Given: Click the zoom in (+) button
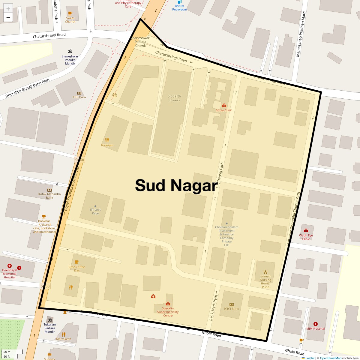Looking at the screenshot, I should click(x=8, y=8).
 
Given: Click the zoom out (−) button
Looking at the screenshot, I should click(x=8, y=18).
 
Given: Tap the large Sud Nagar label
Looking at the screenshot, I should click(x=176, y=185).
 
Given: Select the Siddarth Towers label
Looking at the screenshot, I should click(x=174, y=98).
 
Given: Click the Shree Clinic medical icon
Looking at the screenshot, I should click(x=224, y=105).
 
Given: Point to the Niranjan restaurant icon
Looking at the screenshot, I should click(x=107, y=140).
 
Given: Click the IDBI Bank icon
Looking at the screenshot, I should click(x=79, y=93).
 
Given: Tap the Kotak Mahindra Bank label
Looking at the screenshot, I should click(x=49, y=196).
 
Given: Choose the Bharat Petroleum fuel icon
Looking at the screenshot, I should click(x=179, y=2).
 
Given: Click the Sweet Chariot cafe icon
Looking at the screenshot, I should click(x=70, y=13).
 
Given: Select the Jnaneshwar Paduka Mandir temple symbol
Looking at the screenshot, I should click(x=70, y=51).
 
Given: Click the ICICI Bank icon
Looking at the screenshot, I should click(x=231, y=304).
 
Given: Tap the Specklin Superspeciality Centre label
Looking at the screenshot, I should click(x=168, y=312).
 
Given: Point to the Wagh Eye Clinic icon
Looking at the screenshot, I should click(x=306, y=230).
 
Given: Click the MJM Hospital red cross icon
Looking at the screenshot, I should click(x=315, y=324).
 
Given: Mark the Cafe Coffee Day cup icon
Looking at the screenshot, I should click(x=77, y=262).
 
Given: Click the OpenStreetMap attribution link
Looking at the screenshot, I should click(x=330, y=358).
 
